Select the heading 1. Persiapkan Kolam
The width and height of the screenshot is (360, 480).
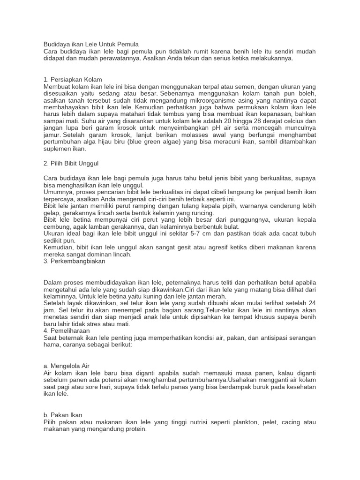[x=73, y=79]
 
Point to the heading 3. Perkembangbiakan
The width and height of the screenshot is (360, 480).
[x=74, y=261]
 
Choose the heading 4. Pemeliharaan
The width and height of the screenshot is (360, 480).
[x=68, y=331]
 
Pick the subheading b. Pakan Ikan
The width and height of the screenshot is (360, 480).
[x=63, y=415]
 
